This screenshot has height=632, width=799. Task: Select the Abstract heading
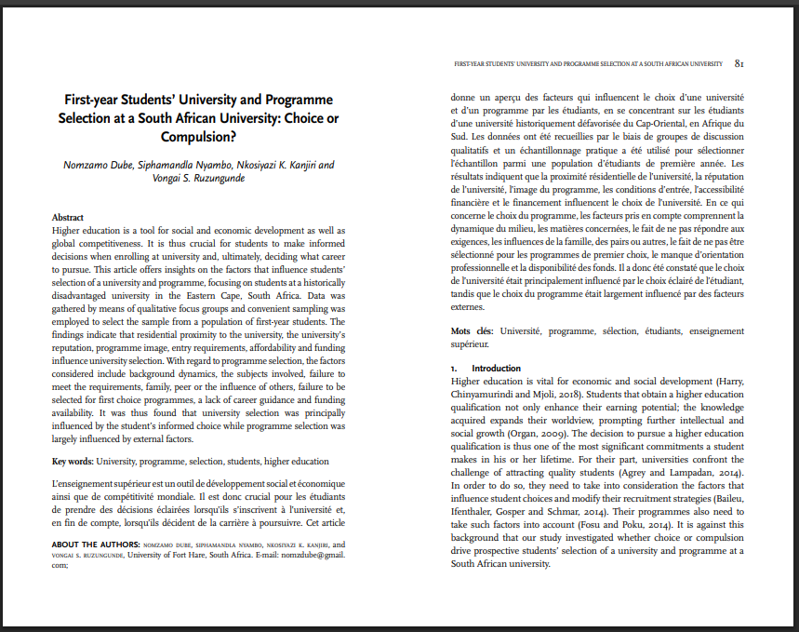68,217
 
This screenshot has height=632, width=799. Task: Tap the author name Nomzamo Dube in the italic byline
96,165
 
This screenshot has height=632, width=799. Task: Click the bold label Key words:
72,461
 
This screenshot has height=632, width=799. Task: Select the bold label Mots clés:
473,330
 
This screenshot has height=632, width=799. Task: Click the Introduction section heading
497,368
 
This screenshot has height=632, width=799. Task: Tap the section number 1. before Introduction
454,368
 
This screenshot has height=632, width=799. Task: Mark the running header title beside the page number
587,65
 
